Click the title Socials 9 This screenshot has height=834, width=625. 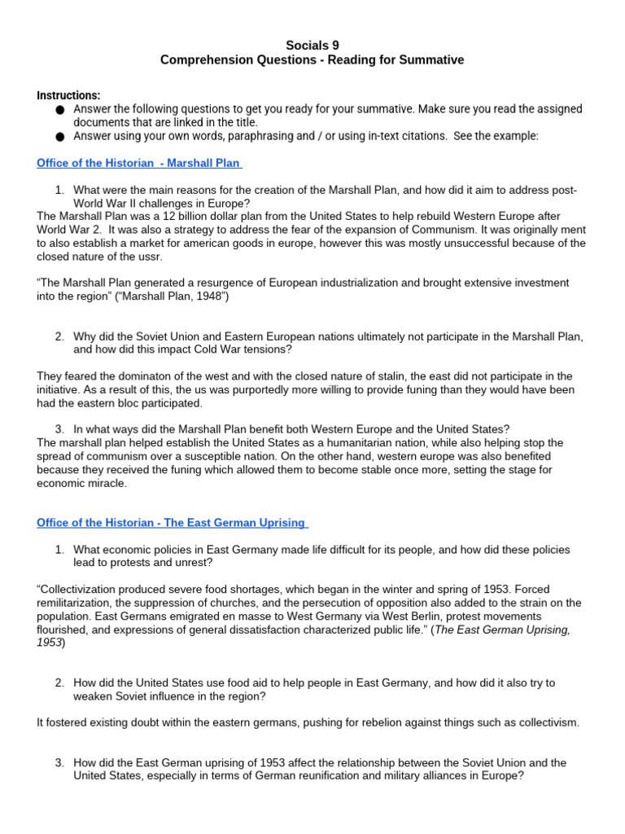(312, 45)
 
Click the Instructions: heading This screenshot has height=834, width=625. (68, 95)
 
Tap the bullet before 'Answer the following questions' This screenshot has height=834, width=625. (60, 109)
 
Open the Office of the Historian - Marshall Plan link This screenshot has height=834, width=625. (139, 163)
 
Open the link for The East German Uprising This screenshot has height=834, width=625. (172, 522)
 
